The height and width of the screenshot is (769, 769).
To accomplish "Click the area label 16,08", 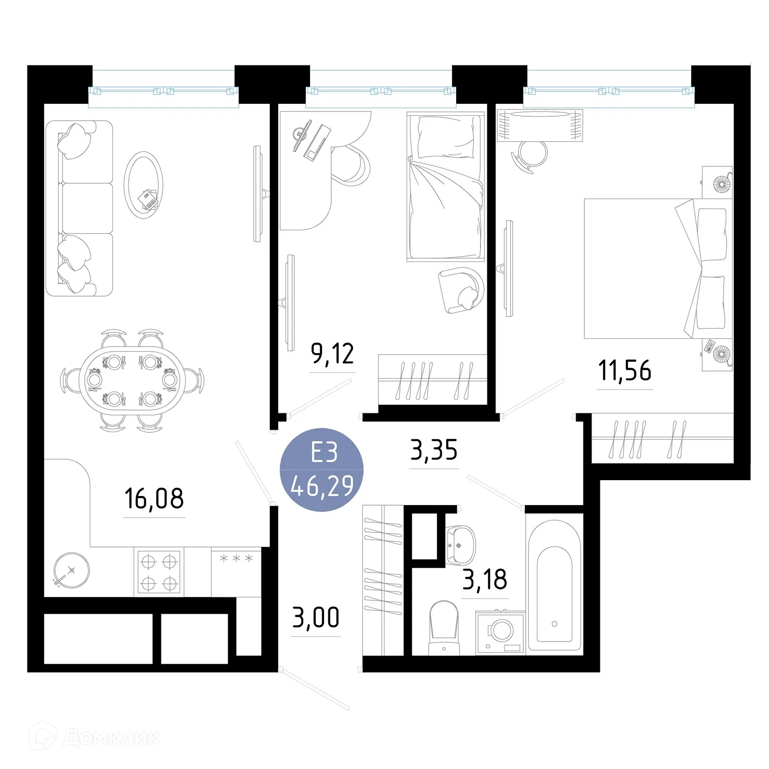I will point(154,498).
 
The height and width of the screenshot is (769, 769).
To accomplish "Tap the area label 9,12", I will point(333,354).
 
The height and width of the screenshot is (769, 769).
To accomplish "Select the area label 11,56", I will point(625,371).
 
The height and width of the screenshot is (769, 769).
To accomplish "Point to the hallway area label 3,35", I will point(434,450).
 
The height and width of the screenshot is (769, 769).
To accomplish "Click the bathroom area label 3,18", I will point(484,579).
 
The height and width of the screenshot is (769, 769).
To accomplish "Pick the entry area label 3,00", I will point(316,618).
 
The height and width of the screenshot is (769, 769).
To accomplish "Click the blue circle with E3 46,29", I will point(322,470).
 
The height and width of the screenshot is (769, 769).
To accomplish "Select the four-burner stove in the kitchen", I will point(159,571).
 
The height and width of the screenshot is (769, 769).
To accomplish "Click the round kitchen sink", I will point(71,570).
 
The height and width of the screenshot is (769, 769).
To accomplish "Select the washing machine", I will point(500,633).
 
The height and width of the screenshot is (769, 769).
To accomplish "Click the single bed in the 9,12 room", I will point(445,187).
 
